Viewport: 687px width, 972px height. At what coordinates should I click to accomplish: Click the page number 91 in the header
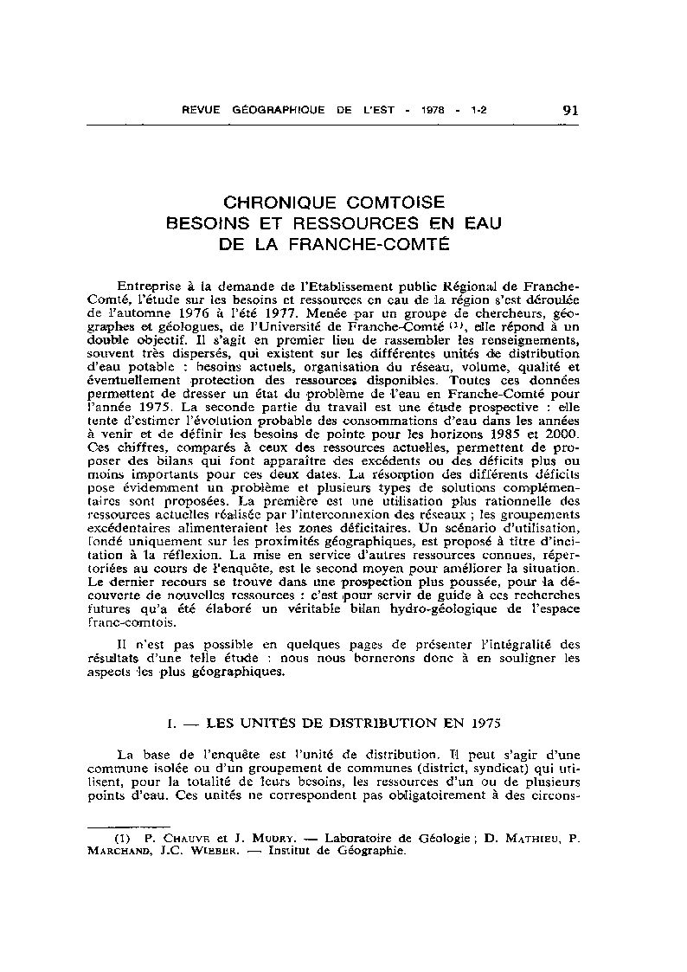(570, 110)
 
